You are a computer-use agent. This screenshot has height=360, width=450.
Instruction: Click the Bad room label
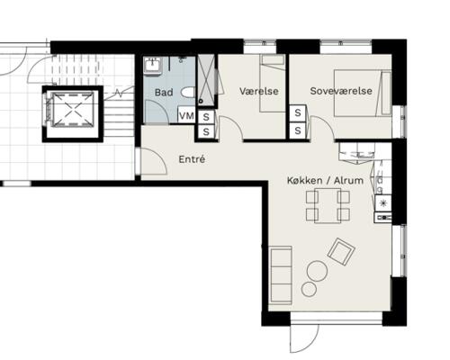click(164, 93)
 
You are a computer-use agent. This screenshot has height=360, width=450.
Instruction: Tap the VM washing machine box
click(186, 115)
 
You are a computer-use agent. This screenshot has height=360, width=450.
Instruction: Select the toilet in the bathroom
click(188, 93)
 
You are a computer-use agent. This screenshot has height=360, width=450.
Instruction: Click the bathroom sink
click(153, 65)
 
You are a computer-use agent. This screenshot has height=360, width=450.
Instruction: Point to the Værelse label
click(259, 91)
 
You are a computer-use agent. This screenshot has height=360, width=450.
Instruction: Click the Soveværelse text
click(341, 91)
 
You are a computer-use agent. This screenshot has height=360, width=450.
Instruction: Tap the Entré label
click(192, 159)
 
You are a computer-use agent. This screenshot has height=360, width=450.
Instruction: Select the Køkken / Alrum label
click(325, 181)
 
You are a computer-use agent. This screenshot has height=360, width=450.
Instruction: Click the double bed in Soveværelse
click(363, 93)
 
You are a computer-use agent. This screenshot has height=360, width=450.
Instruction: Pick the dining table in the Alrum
click(328, 206)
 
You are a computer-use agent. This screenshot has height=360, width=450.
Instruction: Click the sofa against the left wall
click(281, 274)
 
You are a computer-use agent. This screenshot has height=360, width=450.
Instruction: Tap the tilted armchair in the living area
click(341, 251)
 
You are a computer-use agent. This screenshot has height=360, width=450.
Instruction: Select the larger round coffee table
click(317, 271)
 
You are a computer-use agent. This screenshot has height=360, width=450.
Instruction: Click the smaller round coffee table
click(309, 289)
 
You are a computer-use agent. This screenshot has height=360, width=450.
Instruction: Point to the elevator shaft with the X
click(73, 110)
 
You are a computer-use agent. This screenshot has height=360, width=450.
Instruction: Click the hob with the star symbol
click(383, 203)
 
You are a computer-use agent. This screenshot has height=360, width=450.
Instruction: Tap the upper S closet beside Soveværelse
click(298, 113)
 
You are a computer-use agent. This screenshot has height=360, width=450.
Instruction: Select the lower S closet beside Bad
click(206, 131)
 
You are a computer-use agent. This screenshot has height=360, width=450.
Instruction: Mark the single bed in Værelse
click(273, 84)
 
